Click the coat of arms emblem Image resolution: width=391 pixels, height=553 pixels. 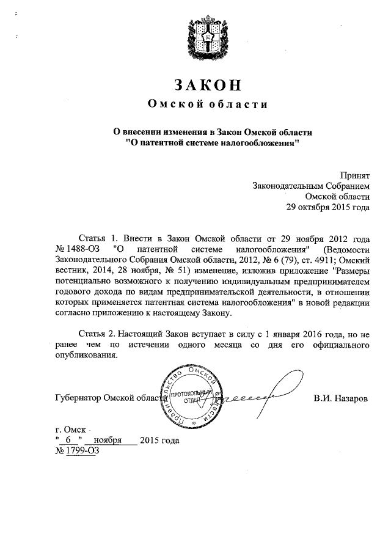click(x=210, y=36)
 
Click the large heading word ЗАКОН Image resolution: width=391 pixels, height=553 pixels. click(x=209, y=84)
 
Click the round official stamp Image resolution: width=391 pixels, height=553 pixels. click(x=191, y=396)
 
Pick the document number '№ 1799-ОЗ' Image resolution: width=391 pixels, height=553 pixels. click(x=77, y=451)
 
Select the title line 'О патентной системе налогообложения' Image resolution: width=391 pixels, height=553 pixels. click(x=209, y=144)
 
